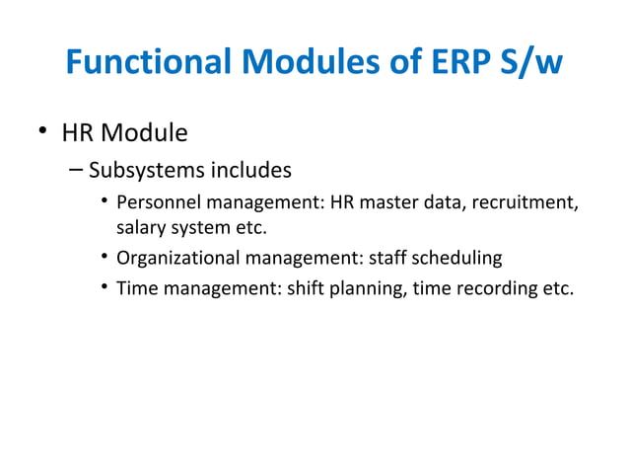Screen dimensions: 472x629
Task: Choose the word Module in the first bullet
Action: click(145, 131)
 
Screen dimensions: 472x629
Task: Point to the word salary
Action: click(140, 229)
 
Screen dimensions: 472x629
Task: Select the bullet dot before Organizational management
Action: click(104, 259)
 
